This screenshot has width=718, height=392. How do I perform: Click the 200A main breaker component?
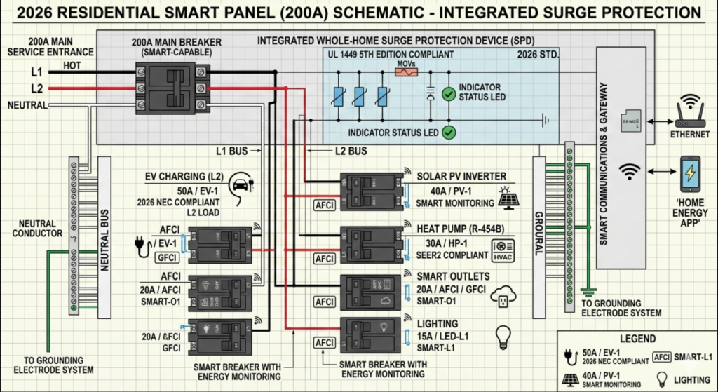point(172,86)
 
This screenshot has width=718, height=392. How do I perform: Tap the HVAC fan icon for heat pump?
point(504,247)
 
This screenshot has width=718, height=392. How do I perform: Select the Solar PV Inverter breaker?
point(370,191)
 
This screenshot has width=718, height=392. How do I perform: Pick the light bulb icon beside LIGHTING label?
point(503,337)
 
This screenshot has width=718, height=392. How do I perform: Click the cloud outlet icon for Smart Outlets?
point(503,296)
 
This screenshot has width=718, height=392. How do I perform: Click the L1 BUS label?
point(233,151)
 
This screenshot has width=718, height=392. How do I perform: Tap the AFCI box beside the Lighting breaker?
point(325,342)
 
